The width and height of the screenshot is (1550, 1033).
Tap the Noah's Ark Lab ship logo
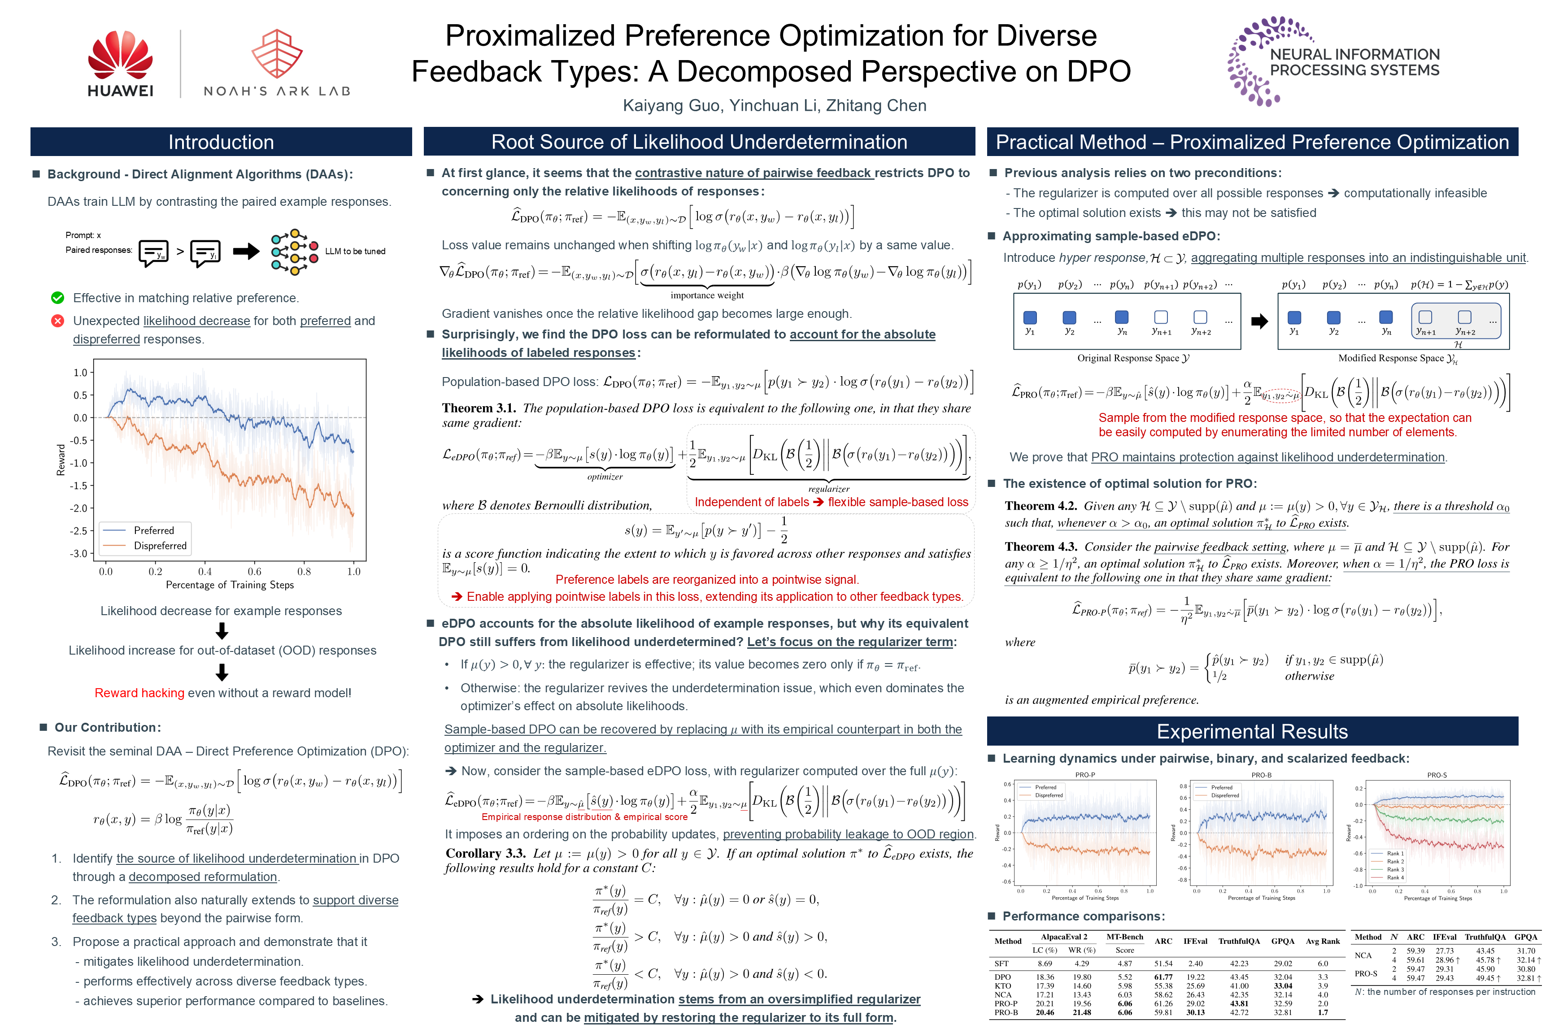(x=277, y=54)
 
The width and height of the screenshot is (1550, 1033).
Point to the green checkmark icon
(x=58, y=298)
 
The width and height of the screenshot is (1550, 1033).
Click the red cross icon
(x=58, y=321)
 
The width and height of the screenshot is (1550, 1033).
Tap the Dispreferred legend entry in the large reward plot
(x=160, y=546)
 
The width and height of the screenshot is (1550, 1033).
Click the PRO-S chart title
(x=1437, y=775)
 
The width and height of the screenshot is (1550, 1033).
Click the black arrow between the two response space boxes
(x=1259, y=321)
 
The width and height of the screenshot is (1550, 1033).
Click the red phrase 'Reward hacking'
(x=139, y=693)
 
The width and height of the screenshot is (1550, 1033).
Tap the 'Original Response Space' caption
(x=1133, y=358)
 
